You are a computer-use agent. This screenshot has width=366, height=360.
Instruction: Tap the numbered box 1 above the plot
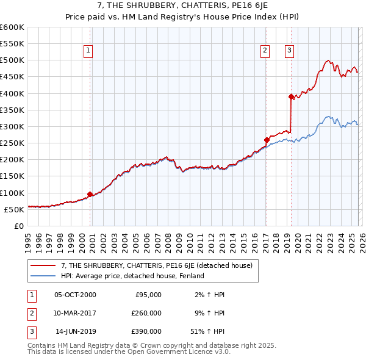click(x=88, y=51)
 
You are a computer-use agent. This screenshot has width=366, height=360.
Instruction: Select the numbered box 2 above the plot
click(x=265, y=51)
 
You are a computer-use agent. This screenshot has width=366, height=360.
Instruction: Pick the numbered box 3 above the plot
click(x=289, y=51)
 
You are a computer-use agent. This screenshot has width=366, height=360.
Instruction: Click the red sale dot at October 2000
click(x=90, y=194)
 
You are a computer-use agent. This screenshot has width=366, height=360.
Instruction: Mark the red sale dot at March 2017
click(x=267, y=140)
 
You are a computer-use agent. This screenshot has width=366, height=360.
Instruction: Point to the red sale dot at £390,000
click(x=291, y=96)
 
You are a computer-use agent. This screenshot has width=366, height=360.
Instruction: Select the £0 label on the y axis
click(x=18, y=226)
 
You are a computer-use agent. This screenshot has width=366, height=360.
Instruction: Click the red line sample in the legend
click(x=43, y=265)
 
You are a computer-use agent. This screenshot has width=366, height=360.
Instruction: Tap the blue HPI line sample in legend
click(x=43, y=276)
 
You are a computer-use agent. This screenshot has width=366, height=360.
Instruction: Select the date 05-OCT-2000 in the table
click(x=75, y=295)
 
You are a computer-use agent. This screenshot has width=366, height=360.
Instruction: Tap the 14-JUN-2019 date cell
click(x=75, y=331)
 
